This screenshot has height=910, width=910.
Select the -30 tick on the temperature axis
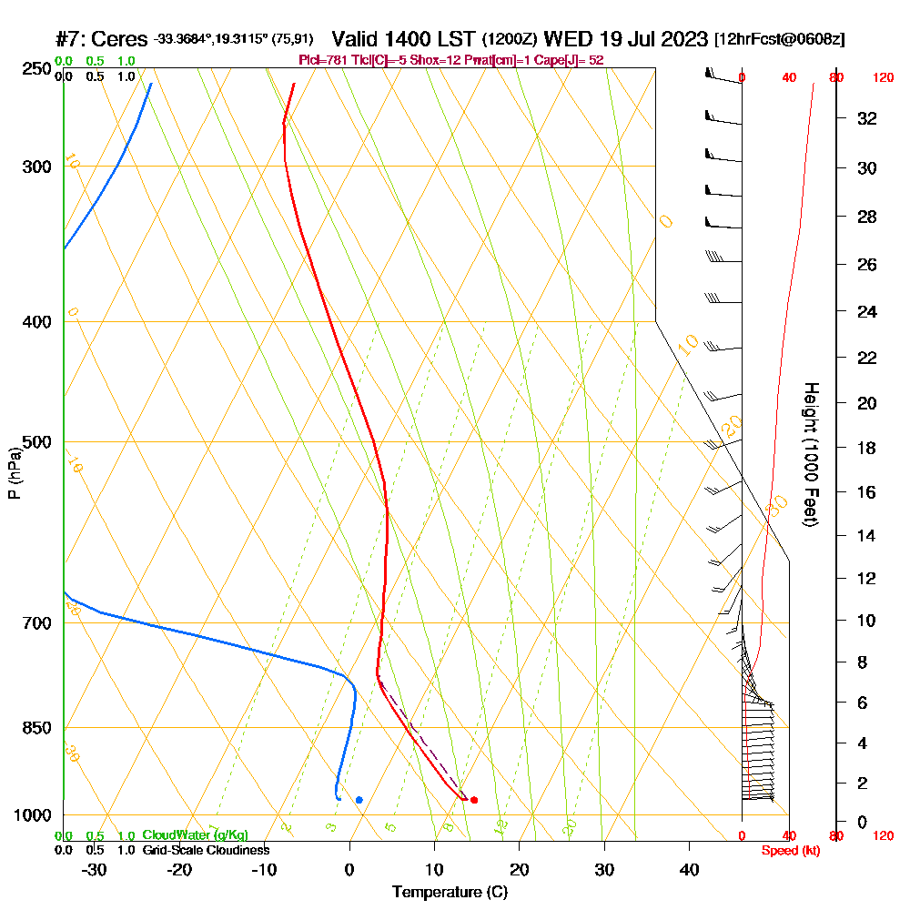(95, 870)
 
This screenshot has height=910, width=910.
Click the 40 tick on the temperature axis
(689, 870)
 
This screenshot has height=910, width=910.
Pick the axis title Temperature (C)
(450, 892)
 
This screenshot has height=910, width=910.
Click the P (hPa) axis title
(15, 473)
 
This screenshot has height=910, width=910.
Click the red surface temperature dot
(474, 800)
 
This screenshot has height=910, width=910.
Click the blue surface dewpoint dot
(359, 800)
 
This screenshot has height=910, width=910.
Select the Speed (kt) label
(787, 850)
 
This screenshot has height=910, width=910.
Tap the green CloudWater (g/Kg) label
(195, 835)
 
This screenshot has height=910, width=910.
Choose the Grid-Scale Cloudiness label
(205, 850)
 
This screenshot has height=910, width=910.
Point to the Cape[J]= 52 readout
(568, 60)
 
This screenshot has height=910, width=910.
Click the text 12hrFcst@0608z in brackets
(780, 40)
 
